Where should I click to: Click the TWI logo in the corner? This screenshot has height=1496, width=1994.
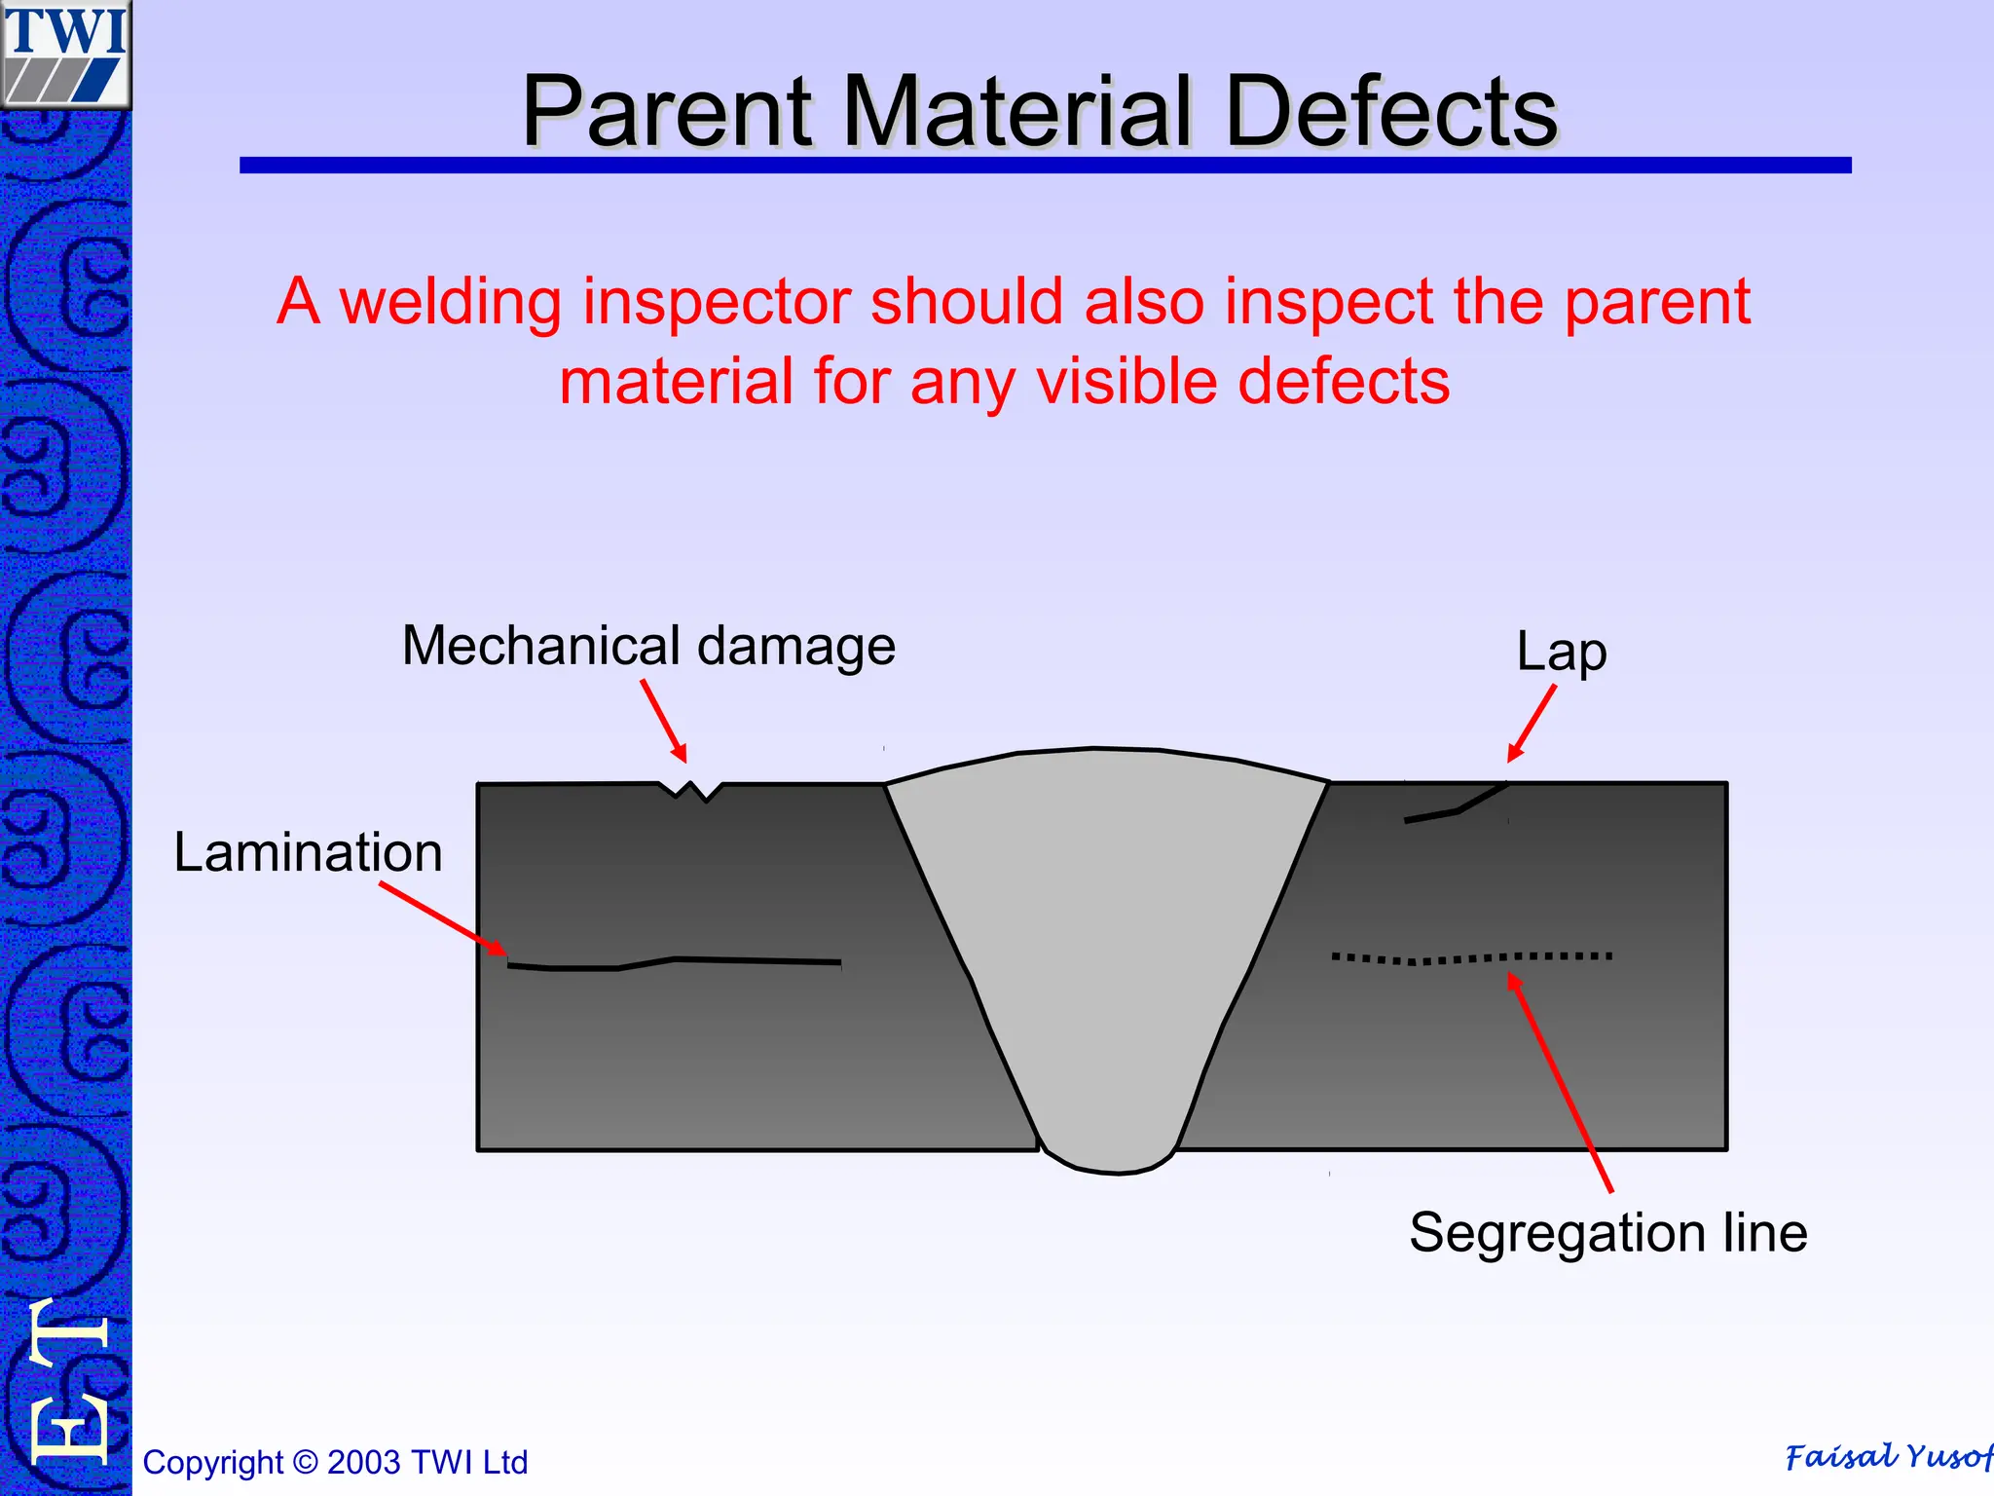[65, 54]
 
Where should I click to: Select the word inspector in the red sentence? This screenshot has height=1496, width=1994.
[717, 301]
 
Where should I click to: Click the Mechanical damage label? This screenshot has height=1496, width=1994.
[648, 646]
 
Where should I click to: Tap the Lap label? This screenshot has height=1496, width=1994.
[1561, 652]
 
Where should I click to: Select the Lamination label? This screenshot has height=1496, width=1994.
[308, 852]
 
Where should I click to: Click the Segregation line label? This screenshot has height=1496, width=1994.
[1607, 1232]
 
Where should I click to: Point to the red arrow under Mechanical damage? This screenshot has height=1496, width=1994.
[664, 721]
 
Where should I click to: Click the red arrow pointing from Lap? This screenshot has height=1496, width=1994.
[1532, 724]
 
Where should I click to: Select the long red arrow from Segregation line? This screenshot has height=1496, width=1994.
[1561, 1082]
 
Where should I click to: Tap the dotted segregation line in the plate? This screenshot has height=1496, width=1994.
[1471, 958]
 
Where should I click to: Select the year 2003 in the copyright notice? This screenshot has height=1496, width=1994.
[364, 1462]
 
